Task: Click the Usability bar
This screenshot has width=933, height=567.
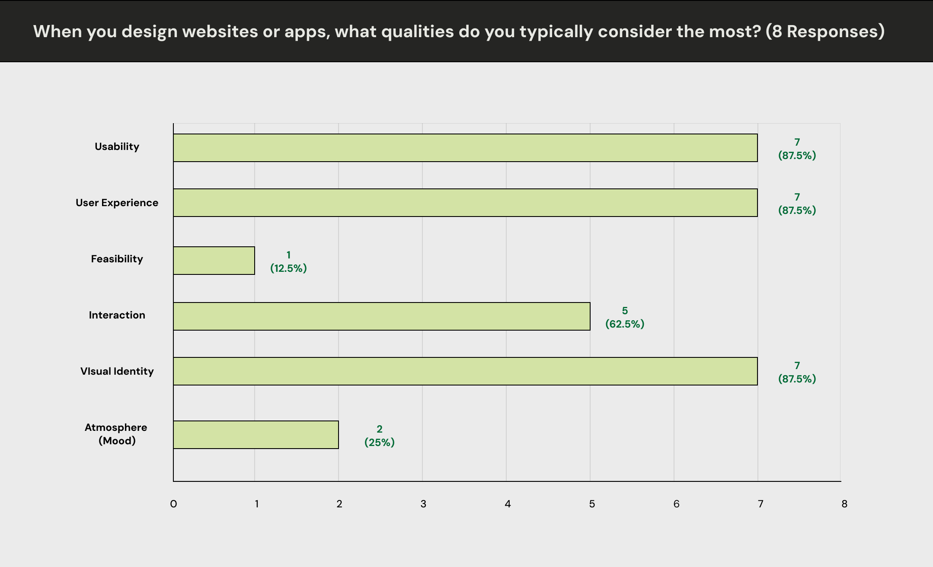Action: coord(466,148)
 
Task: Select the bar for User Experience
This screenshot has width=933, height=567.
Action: coord(466,203)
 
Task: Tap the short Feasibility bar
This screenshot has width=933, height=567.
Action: coord(214,261)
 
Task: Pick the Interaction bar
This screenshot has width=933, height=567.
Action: coord(382,316)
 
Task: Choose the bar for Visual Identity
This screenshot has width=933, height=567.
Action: coord(466,371)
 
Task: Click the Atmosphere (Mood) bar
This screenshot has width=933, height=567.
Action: coord(256,435)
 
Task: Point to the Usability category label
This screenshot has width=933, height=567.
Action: coord(117,147)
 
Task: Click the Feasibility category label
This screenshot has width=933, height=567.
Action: coord(117,259)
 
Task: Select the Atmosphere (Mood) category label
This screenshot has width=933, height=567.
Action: coord(116,434)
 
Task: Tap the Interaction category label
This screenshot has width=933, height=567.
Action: coord(117,315)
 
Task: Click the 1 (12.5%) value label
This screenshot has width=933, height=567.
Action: coord(288,261)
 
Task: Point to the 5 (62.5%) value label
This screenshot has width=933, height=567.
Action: coord(625,317)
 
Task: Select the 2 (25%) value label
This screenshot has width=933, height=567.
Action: coord(380,436)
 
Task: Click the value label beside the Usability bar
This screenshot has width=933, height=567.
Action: coord(797,149)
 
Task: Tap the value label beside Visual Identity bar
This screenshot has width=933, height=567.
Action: coord(797,372)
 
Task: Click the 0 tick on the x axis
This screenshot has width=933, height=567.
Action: coord(173,504)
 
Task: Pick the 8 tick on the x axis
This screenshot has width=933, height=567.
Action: coord(844,504)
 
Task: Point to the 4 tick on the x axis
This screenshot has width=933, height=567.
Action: coord(508,504)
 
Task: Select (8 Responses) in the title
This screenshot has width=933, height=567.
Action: coord(825,32)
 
